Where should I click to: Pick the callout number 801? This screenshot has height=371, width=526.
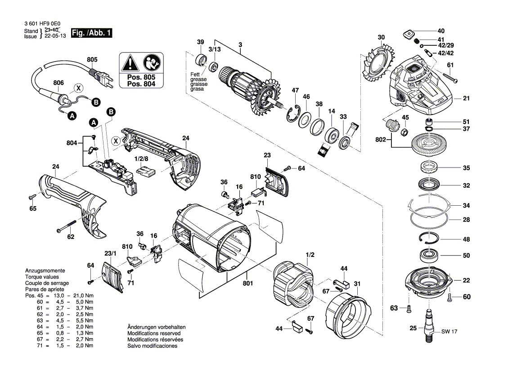click(x=248, y=283)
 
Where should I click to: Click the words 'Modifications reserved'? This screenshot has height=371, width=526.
click(x=154, y=334)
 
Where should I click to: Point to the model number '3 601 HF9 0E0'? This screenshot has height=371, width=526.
click(x=43, y=25)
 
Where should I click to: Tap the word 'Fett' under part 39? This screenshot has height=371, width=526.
click(x=194, y=74)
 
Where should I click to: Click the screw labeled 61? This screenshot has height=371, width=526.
click(x=445, y=77)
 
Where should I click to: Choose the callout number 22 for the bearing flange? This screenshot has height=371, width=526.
click(x=466, y=280)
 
